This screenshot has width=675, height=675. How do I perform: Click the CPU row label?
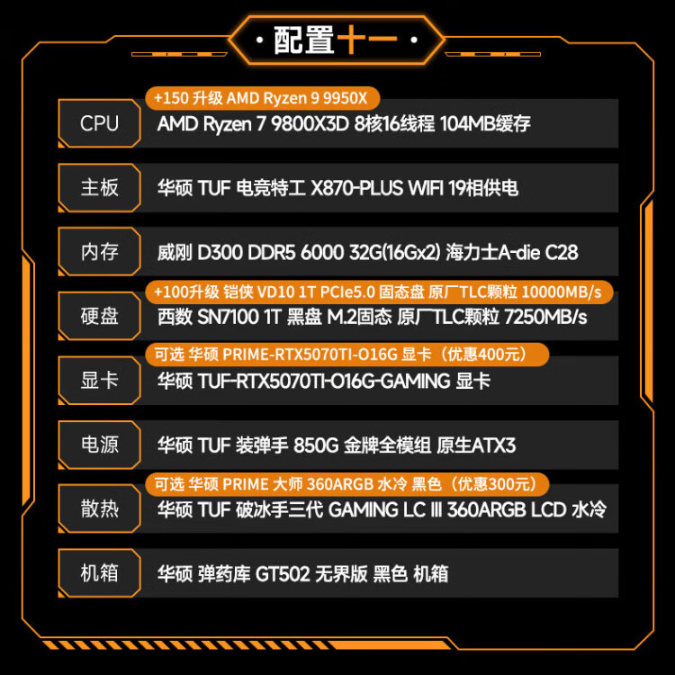pos(99,123)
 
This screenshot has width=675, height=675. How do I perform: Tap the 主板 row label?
pos(99,188)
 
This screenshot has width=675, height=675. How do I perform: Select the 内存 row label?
pos(99,252)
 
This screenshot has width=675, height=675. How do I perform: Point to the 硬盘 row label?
pos(99,316)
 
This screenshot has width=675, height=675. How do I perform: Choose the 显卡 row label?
pos(99,381)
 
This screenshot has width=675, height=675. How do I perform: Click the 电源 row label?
pos(99,445)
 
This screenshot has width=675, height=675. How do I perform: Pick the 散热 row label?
pos(99,508)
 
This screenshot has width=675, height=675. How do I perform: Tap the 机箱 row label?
pos(99,573)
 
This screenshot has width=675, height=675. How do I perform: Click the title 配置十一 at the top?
pos(336,40)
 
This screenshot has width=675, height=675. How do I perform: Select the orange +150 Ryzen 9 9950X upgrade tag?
pos(263,98)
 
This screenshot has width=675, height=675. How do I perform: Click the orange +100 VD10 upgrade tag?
pos(379,292)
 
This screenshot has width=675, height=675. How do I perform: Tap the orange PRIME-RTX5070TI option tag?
pos(347,355)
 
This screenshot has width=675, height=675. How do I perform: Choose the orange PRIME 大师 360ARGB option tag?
pos(347,484)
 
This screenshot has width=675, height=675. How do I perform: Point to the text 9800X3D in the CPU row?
pos(310,124)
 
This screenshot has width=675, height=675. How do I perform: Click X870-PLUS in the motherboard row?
pos(356,188)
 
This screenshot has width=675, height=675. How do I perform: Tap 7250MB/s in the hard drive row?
pos(545,318)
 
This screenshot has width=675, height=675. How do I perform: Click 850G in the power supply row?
pos(316,445)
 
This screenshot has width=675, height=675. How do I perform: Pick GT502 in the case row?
pos(283,574)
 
